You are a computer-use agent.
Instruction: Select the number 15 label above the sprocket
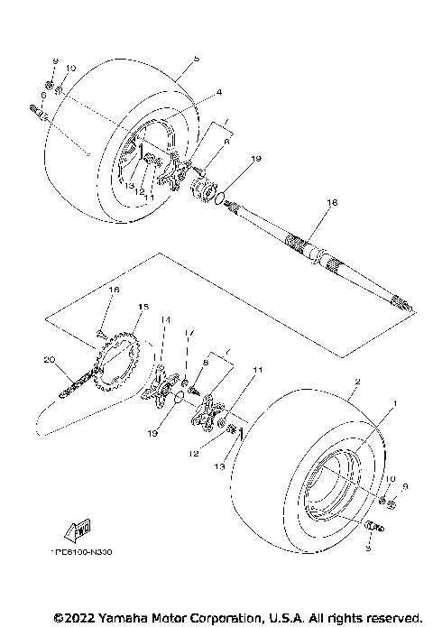click(140, 307)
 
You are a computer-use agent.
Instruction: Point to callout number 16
click(114, 290)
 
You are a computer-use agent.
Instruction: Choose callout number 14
click(165, 319)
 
